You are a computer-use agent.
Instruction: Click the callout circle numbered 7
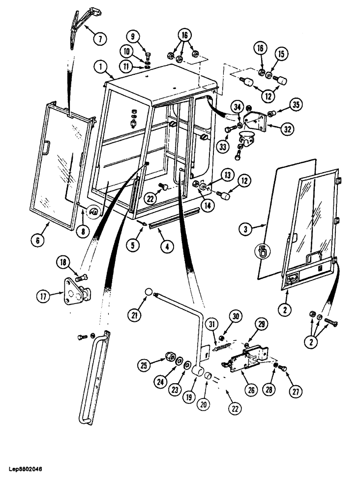(x=99, y=38)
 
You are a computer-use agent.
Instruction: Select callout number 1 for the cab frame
(x=100, y=65)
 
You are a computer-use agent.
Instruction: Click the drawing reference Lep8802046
(x=25, y=468)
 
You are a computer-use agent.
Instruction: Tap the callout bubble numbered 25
(x=144, y=366)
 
